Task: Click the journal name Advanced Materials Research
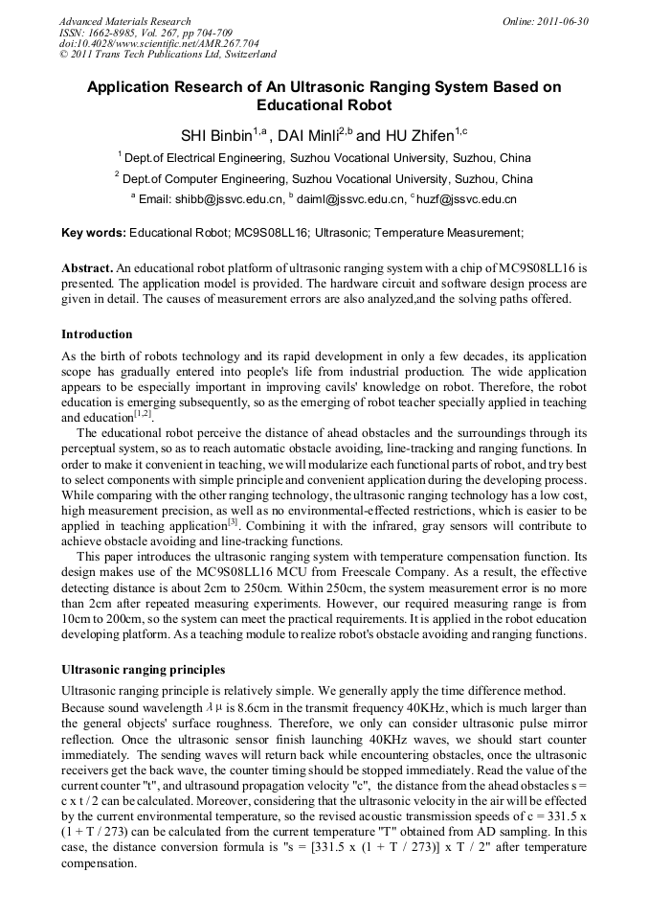(x=124, y=20)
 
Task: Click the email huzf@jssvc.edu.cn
(x=467, y=199)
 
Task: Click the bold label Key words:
(x=93, y=232)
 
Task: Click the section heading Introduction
(x=97, y=333)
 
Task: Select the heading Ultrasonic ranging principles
(x=143, y=669)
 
